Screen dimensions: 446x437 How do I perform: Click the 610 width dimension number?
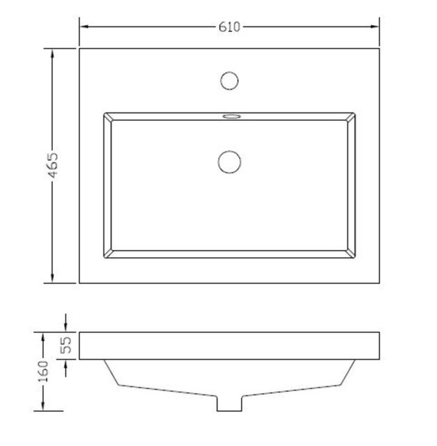click(229, 27)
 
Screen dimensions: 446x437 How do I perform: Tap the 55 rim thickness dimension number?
click(67, 346)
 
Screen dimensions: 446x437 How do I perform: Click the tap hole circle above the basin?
click(229, 80)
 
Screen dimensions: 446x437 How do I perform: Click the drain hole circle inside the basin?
click(229, 161)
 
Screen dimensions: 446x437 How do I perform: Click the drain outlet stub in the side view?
click(229, 402)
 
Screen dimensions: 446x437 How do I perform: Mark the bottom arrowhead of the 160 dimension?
click(42, 406)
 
